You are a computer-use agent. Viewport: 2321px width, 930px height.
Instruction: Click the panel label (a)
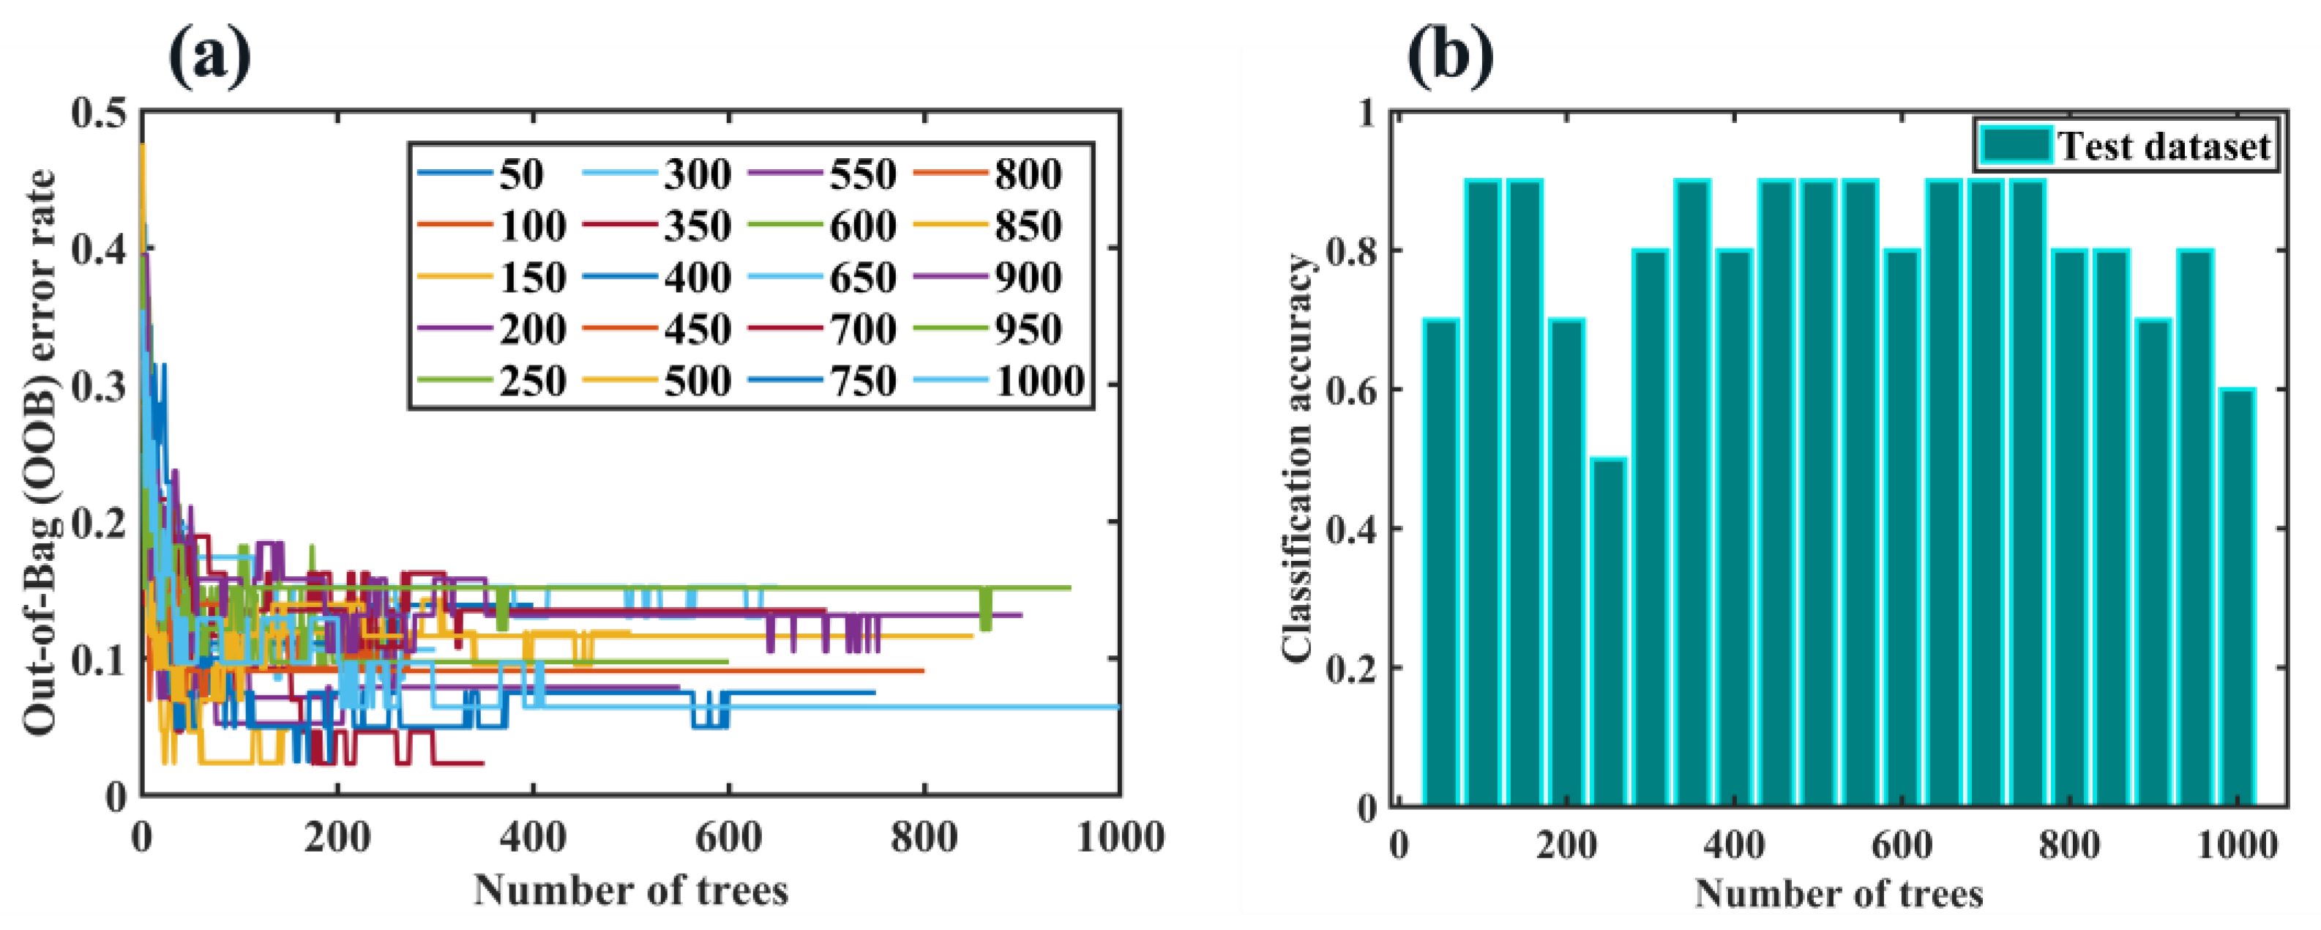209,56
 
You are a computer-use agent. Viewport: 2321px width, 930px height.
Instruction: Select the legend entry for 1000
1000,380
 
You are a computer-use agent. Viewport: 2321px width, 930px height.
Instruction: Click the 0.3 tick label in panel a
99,387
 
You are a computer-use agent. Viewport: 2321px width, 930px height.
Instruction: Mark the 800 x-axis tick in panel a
924,837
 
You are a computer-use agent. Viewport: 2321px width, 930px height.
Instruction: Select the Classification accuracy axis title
1298,460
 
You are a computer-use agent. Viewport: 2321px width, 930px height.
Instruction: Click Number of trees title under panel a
631,890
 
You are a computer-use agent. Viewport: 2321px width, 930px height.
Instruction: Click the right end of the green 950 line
1069,587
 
